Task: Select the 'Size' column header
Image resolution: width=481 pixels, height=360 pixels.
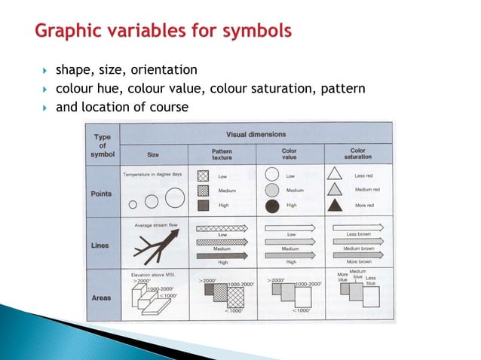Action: (153, 154)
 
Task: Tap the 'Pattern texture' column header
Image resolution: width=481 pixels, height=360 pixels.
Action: (222, 154)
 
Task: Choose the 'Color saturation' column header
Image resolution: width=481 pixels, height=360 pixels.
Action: (358, 154)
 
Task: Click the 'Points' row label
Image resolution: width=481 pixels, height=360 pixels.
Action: (102, 194)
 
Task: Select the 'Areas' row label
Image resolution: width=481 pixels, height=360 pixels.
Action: (102, 297)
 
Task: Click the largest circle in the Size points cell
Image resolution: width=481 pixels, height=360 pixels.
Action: (174, 198)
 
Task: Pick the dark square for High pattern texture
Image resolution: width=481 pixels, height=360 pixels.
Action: (203, 205)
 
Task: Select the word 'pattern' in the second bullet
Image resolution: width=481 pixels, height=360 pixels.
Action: (342, 89)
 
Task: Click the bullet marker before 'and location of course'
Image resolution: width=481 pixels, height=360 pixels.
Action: (44, 108)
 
